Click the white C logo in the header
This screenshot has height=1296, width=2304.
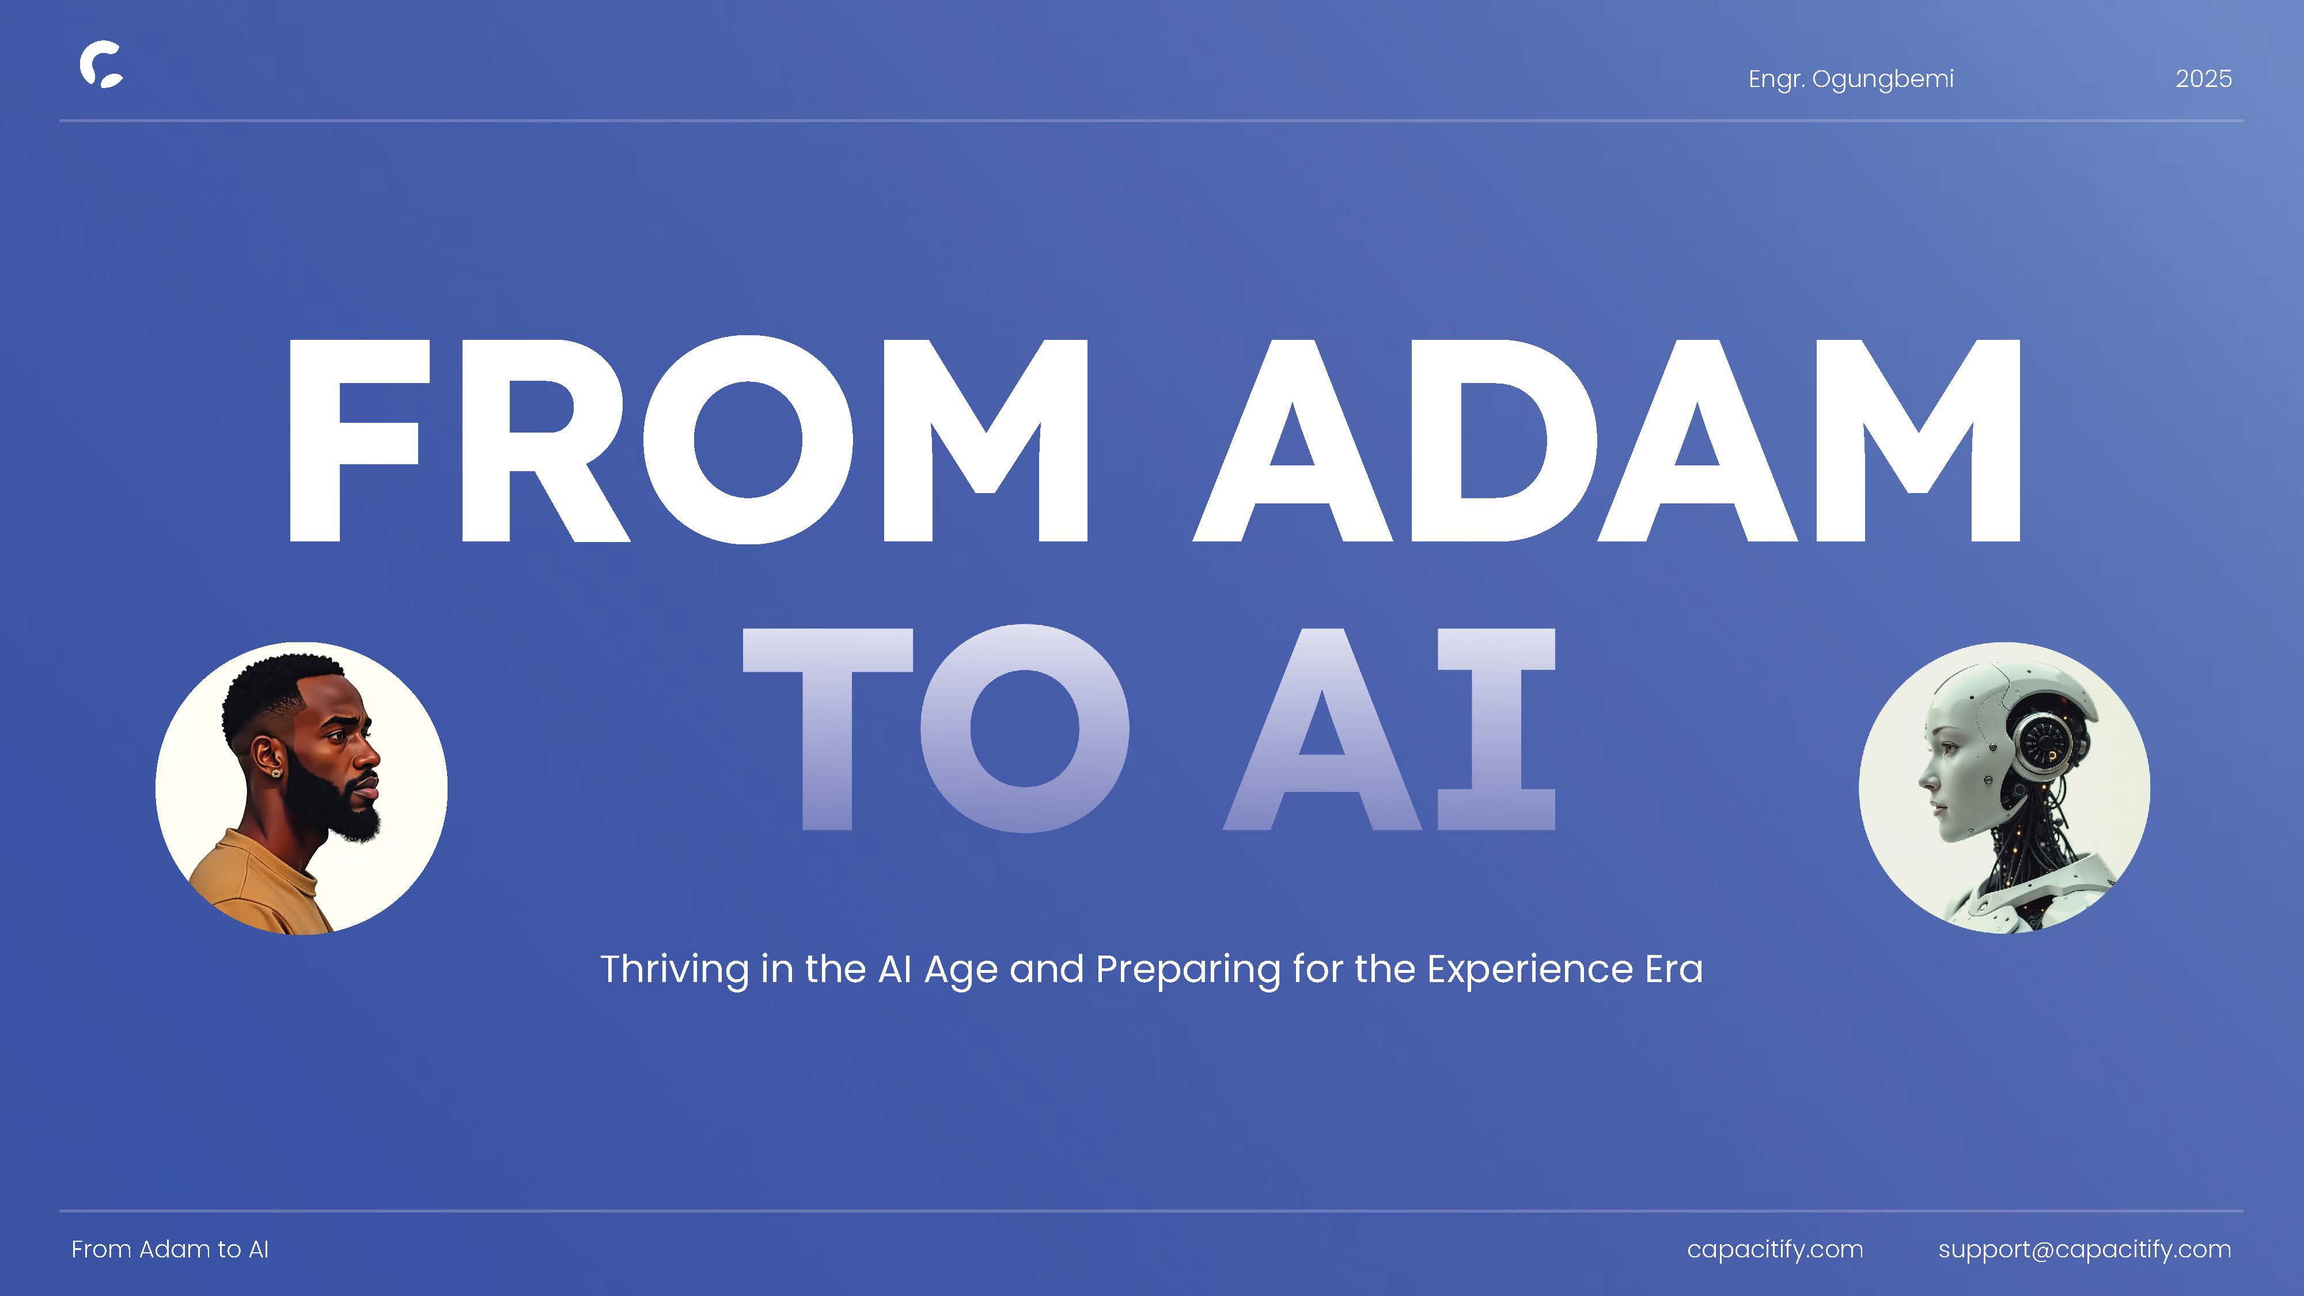(x=101, y=65)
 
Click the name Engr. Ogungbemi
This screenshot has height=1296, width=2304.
(x=1851, y=79)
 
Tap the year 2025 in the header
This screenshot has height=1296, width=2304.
(x=2204, y=79)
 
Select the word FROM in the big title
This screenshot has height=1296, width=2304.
(x=688, y=440)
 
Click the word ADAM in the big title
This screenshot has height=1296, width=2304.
(x=1607, y=440)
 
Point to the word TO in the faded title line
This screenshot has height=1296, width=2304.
(x=935, y=728)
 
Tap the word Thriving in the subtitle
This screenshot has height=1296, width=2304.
(x=674, y=969)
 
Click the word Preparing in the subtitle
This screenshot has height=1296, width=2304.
(x=1188, y=969)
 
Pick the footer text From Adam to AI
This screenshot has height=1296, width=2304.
(x=170, y=1249)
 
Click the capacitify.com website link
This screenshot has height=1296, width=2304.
(x=1775, y=1249)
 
